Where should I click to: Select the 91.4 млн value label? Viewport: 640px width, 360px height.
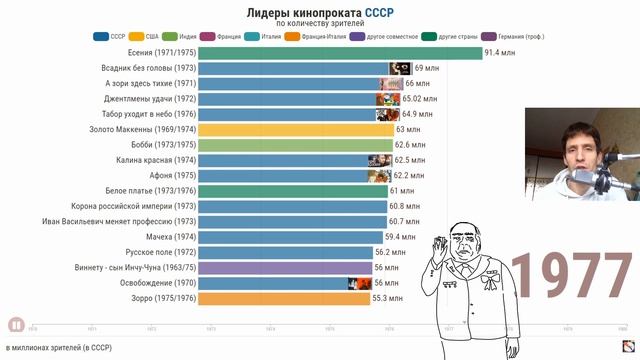click(x=502, y=52)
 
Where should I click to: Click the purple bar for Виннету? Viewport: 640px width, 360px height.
click(x=284, y=268)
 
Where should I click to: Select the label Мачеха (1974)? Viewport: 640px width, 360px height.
click(x=167, y=237)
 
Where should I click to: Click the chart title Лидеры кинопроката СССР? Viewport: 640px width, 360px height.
click(x=319, y=11)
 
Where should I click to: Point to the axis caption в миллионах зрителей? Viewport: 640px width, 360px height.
click(x=62, y=348)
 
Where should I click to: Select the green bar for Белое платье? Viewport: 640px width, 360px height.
click(x=291, y=191)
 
